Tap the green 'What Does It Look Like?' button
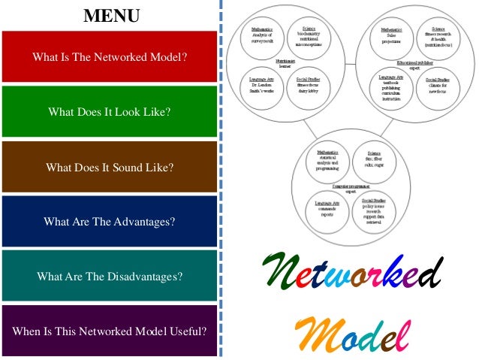coord(110,113)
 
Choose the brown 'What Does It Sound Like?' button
coord(110,168)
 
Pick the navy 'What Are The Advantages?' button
coord(110,222)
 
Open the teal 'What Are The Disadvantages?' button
coord(110,276)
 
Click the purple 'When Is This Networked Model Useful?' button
coord(110,331)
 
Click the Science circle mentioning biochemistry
coord(309,35)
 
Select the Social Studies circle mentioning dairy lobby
coord(308,85)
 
